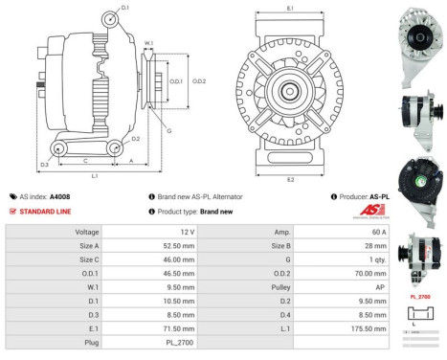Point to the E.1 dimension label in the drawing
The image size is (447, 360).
(289, 9)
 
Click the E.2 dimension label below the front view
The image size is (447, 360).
(289, 178)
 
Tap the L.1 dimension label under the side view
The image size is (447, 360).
(94, 176)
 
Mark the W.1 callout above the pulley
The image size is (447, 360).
(148, 43)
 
